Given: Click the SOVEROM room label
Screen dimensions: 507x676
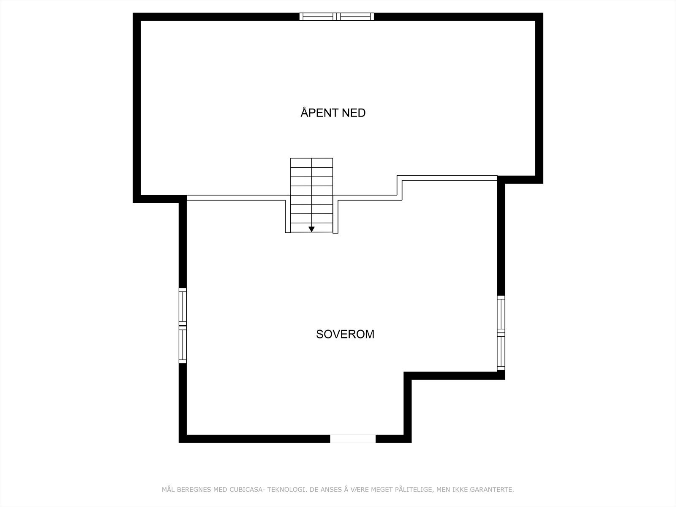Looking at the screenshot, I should point(345,334).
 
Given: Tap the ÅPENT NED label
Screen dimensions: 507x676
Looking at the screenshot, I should point(333,113).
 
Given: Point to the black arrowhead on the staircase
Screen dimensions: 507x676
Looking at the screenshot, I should point(311,229).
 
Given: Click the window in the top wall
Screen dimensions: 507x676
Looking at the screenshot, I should point(337,16).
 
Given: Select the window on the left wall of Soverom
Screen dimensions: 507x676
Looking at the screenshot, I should point(183,325).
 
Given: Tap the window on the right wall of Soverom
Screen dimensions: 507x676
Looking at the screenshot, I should point(501,333).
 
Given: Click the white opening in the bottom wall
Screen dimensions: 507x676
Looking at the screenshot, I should point(353,439).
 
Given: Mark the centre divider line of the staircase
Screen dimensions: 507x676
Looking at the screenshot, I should point(312,190).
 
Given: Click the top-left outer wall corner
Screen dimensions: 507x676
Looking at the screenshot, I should point(136,16).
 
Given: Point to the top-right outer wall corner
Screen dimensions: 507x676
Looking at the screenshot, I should point(539,16).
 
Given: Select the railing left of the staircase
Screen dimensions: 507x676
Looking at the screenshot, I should point(237,197).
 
